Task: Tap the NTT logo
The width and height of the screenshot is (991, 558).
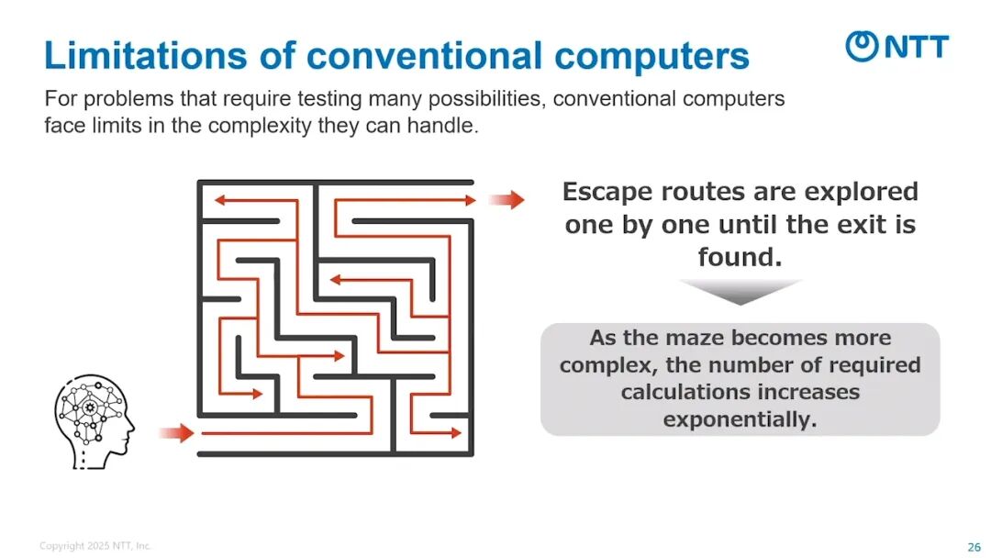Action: (x=896, y=45)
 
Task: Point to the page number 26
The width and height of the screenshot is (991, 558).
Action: (x=974, y=547)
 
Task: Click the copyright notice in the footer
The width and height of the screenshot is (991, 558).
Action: (x=95, y=546)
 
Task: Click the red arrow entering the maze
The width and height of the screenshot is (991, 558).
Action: (x=176, y=432)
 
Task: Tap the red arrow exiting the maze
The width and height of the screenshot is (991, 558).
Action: (x=506, y=200)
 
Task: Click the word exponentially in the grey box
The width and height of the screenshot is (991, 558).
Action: (x=740, y=420)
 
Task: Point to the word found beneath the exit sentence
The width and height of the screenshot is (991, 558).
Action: (x=739, y=257)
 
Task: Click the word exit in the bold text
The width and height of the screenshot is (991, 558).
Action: (x=862, y=224)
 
